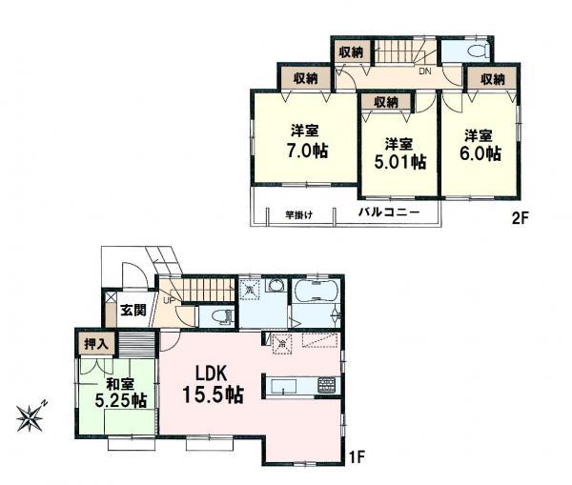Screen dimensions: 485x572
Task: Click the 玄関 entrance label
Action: [133, 310]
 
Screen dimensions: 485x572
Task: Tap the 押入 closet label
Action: [94, 340]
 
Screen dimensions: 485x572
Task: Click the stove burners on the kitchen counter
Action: [325, 385]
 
